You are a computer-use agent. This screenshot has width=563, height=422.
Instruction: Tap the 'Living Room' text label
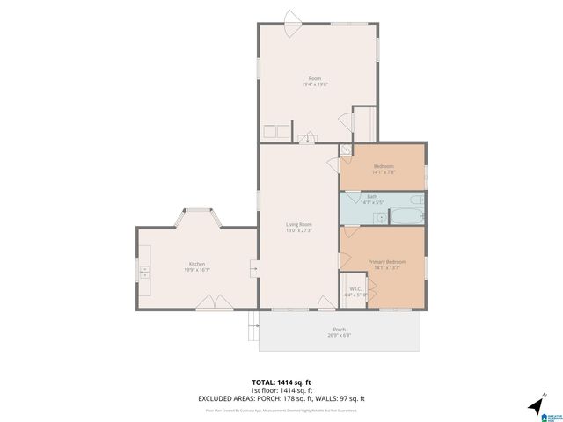coord(299,225)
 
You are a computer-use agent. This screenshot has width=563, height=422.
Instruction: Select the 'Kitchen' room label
coord(196,264)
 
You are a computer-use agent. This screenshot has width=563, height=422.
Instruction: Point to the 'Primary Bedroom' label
coord(386,262)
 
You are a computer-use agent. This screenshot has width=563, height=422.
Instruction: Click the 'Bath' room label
coord(372,197)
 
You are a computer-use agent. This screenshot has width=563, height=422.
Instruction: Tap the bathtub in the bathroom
coord(406,215)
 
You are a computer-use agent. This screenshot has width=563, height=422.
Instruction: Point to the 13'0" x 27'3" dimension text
coord(299,231)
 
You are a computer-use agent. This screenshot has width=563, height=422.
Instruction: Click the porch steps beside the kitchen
coord(253,330)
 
